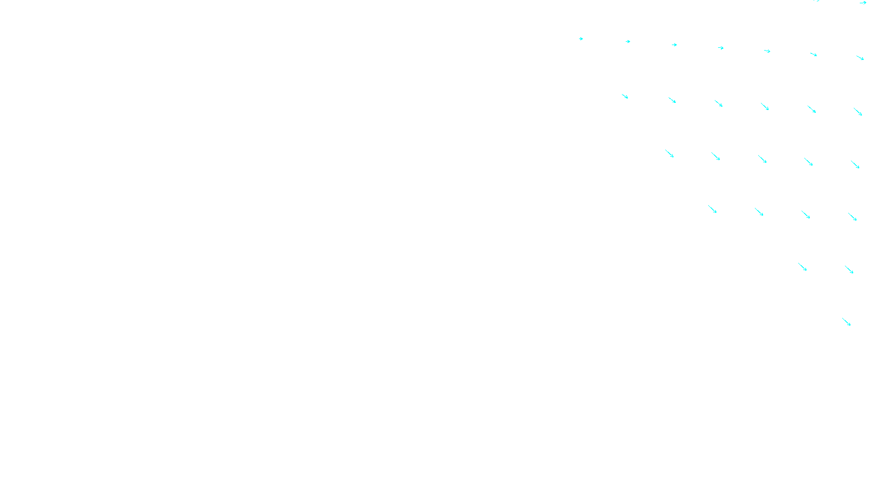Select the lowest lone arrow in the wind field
[847, 322]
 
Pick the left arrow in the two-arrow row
[803, 267]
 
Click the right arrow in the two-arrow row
[849, 269]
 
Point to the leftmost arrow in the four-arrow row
[713, 209]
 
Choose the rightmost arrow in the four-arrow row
[853, 217]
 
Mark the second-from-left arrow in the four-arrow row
[759, 212]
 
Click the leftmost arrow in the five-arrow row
[670, 153]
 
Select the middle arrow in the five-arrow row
[763, 159]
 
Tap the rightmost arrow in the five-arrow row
[855, 164]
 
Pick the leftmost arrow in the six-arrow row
[625, 96]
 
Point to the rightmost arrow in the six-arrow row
[858, 112]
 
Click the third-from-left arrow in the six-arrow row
[719, 103]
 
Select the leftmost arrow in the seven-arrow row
[581, 38]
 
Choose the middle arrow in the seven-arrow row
[721, 48]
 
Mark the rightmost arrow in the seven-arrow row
[860, 58]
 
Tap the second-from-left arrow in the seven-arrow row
[628, 41]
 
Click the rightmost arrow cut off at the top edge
[863, 3]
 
